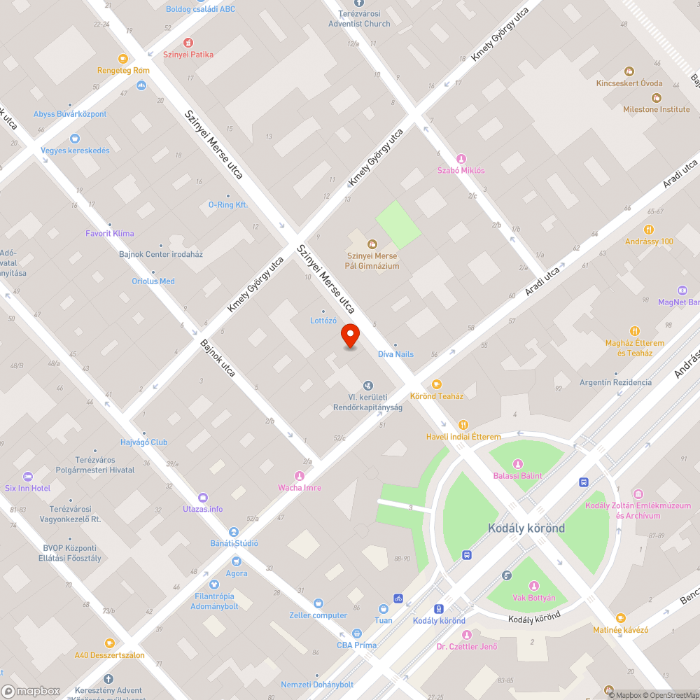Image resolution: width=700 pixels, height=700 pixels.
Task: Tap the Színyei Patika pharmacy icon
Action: point(188,43)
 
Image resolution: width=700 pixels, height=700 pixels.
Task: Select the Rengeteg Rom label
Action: point(123,70)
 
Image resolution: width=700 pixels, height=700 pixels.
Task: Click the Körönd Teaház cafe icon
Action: point(437,384)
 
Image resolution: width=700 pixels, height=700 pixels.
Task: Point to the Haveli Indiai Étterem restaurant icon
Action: point(463,425)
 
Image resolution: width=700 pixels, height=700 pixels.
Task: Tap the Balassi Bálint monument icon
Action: point(518,464)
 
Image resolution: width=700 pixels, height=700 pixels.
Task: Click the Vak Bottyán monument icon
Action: point(534,586)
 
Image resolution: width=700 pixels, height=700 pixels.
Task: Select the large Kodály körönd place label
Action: point(526,528)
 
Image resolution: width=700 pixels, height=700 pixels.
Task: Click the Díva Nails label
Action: point(395,354)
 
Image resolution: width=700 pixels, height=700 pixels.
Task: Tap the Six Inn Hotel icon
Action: point(28,476)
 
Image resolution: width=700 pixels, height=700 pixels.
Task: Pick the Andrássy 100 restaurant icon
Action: point(649,230)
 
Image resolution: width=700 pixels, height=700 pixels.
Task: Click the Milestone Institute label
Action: point(656,109)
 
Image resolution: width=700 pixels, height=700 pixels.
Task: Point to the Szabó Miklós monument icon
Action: point(461,159)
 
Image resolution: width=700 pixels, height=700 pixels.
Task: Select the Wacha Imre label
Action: point(299,487)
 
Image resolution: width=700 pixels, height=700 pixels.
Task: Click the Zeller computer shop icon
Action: point(318,603)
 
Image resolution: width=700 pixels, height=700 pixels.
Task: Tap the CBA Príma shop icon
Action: point(356,633)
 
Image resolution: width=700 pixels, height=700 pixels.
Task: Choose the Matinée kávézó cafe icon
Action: point(620,617)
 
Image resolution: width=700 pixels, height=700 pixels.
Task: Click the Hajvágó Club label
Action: point(143,442)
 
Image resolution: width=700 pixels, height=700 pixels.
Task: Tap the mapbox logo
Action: point(31,691)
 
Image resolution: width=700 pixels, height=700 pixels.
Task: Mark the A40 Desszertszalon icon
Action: point(109,643)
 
